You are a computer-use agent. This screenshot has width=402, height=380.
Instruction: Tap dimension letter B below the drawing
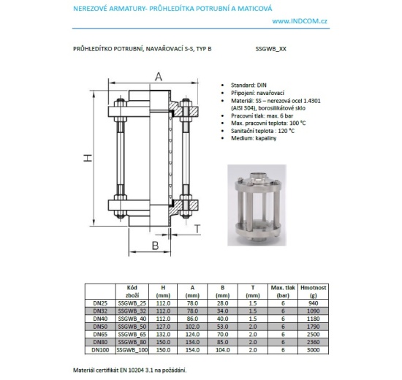[x=155, y=245]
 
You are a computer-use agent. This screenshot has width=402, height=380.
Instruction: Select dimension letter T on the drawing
[x=197, y=229]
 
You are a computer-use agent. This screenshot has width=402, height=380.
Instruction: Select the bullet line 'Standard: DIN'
[x=246, y=85]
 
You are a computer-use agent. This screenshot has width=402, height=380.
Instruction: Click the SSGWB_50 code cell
[x=132, y=327]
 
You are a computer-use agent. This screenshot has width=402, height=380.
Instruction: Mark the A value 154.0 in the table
[x=193, y=351]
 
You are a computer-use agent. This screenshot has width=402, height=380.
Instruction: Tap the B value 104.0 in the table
[x=224, y=351]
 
